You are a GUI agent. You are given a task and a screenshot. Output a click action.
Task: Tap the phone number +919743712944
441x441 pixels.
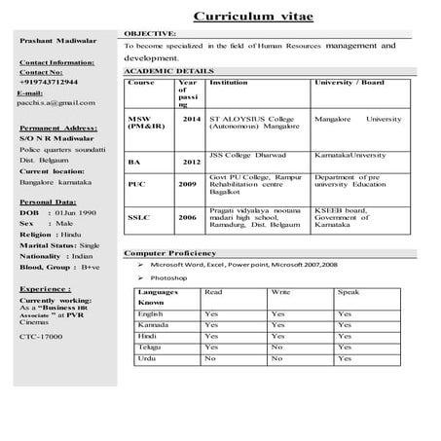(52, 83)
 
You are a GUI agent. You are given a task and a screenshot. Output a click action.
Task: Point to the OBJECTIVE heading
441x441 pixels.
(150, 33)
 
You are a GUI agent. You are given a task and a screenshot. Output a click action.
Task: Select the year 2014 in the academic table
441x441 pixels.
(191, 119)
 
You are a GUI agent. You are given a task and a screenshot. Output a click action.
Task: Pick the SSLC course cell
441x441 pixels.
(138, 218)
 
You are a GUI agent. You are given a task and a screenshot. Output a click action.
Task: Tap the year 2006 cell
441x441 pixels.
(187, 218)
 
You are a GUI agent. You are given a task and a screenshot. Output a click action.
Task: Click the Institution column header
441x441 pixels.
(230, 84)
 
